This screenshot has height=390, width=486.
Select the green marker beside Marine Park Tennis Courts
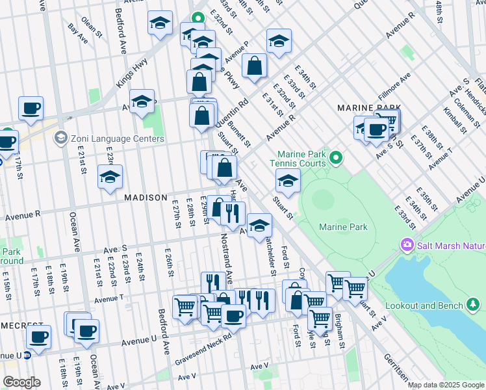click(336, 157)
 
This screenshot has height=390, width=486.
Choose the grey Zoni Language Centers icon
click(60, 138)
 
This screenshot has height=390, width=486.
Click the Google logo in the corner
click(21, 382)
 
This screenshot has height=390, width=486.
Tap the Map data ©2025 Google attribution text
click(446, 385)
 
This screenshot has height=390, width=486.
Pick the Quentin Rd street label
click(238, 112)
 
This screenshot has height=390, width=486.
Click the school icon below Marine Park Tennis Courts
click(288, 181)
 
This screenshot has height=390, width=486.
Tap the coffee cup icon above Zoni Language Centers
click(30, 108)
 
